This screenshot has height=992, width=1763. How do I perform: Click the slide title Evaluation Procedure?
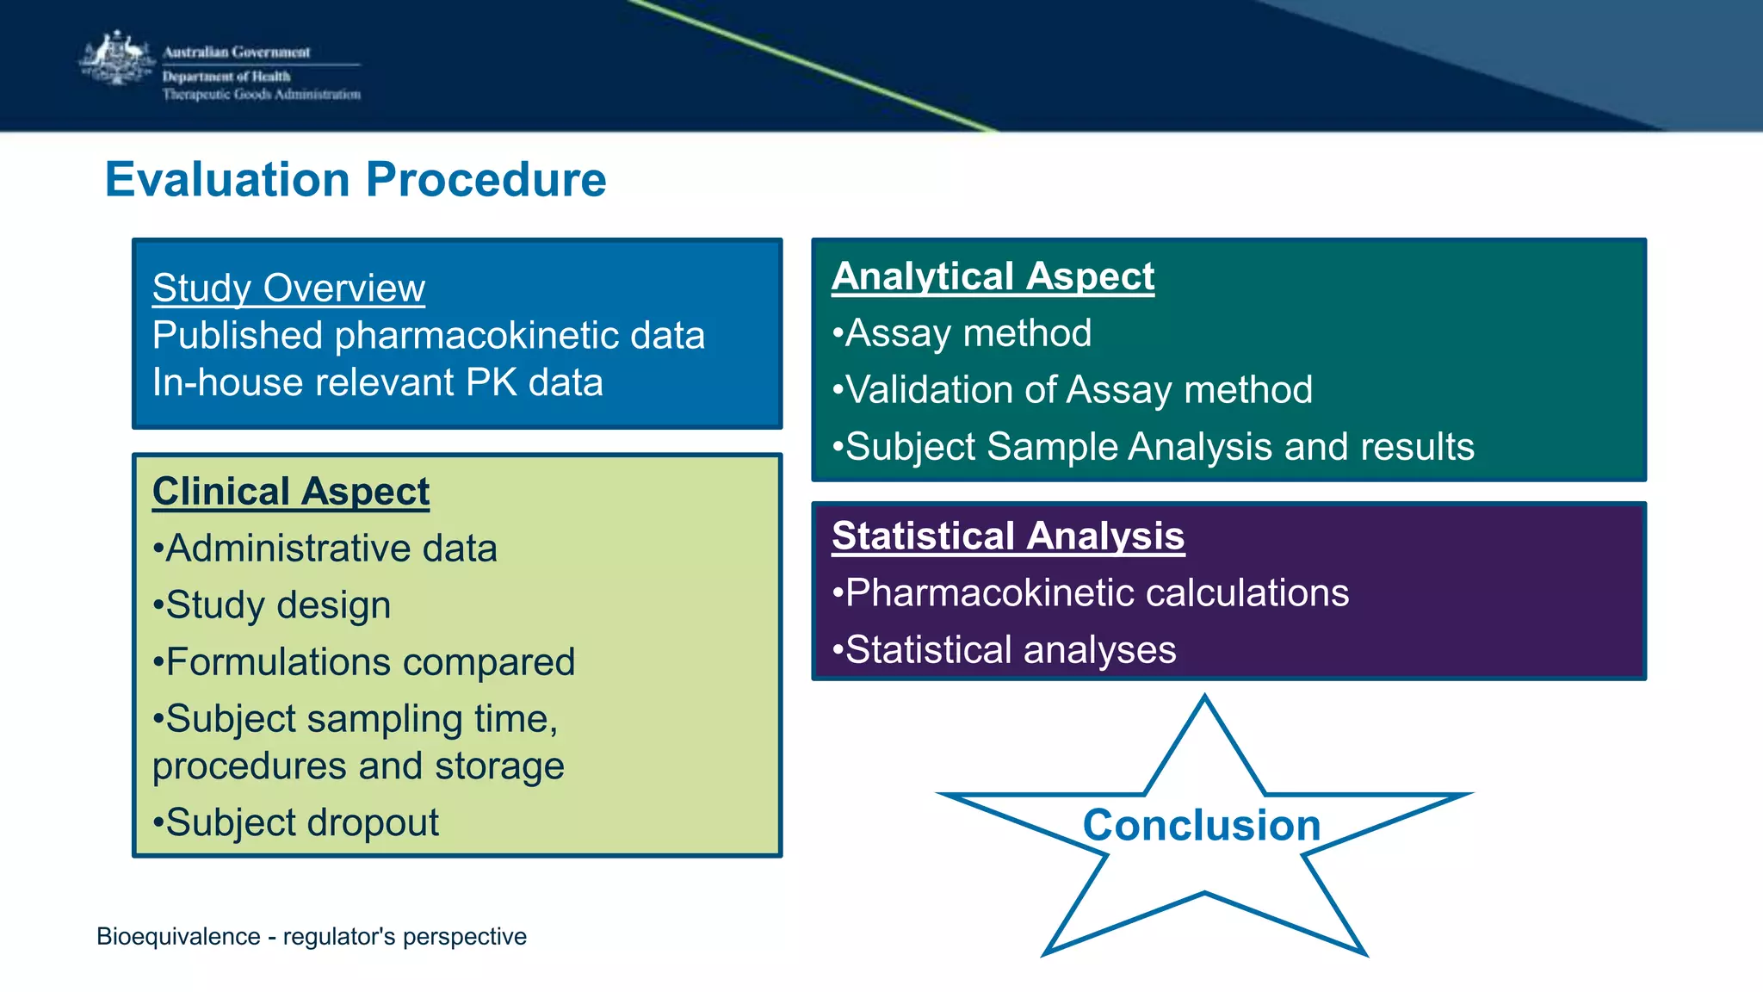point(356,180)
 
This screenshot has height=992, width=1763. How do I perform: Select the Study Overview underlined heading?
point(288,288)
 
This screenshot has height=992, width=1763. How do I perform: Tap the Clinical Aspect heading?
point(291,492)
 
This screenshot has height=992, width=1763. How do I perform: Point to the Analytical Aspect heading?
point(993,276)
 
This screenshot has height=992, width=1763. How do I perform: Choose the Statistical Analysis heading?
point(1008,536)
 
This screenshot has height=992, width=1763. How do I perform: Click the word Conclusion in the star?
point(1201,825)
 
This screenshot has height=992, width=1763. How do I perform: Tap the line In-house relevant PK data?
point(377,382)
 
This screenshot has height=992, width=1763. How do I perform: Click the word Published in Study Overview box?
point(238,336)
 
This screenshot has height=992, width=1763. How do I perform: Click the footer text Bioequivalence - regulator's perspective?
point(312,936)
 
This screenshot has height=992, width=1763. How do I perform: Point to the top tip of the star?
point(1204,698)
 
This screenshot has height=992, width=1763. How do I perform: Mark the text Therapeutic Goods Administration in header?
point(262,95)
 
